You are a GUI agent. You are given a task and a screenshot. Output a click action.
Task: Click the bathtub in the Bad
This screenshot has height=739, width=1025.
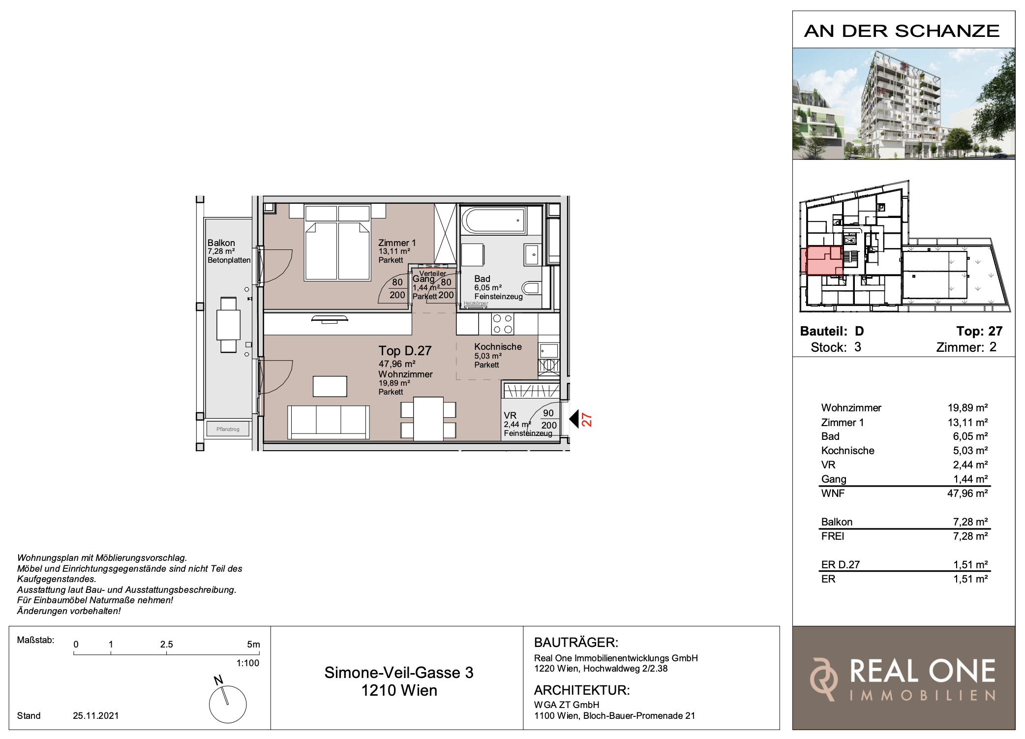pos(493,220)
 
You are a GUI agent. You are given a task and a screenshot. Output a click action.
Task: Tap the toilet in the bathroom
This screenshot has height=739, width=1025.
pos(531,288)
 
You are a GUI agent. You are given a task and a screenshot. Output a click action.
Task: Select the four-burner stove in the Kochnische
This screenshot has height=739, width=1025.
pos(503,324)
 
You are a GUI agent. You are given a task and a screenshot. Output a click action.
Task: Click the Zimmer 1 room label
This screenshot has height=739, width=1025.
pos(397,243)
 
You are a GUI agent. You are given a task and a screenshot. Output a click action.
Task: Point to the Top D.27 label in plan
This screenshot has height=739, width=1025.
pos(405,351)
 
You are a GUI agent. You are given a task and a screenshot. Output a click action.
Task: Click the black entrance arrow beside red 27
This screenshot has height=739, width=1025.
pos(573,419)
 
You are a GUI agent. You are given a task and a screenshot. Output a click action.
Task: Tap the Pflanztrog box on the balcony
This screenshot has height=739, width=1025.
pos(228,429)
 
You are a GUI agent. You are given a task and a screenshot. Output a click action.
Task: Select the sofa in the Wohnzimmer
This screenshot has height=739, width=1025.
pos(328,422)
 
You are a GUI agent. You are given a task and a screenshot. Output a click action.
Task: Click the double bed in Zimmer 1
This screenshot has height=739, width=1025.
pos(337,243)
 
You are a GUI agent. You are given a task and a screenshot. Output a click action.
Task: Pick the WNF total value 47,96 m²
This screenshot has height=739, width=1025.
pos(967,493)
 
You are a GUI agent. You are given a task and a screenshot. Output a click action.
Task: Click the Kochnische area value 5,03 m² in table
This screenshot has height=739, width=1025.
pos(970,451)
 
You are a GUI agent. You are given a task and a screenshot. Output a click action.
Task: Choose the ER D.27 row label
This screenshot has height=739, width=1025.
pos(840,565)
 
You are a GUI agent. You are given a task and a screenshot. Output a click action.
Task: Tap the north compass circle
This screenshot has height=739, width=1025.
pos(228,704)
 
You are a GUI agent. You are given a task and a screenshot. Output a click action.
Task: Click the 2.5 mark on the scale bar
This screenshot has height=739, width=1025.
pos(166,645)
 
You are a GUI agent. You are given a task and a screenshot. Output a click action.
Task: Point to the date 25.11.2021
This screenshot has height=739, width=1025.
pos(96,716)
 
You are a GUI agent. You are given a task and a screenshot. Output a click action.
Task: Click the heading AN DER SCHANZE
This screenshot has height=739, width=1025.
pos(902,31)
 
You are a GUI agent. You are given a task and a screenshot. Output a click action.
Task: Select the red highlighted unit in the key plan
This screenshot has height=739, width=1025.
pos(822,260)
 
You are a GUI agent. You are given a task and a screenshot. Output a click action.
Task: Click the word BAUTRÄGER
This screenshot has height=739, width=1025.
pos(576,643)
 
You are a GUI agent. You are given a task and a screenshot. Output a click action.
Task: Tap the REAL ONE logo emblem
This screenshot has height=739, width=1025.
pos(824,679)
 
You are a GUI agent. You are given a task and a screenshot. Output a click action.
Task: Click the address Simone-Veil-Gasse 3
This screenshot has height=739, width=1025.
pos(399,673)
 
